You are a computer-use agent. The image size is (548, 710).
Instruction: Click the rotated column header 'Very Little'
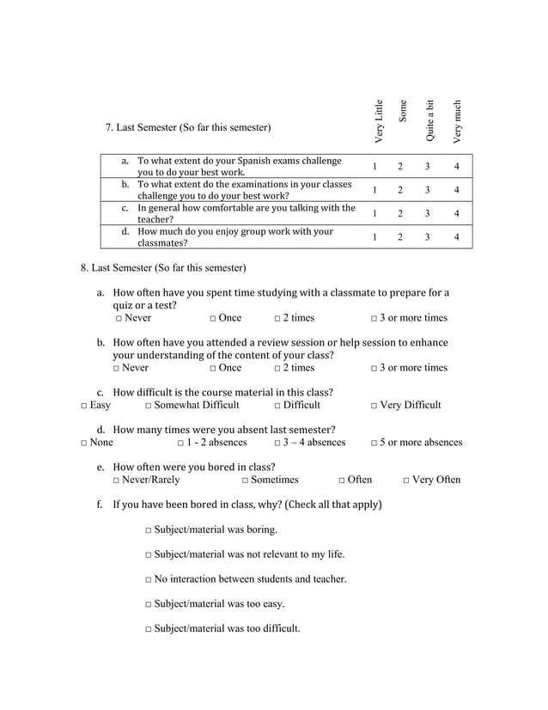[379, 121]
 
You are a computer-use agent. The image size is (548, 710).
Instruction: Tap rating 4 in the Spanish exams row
[457, 166]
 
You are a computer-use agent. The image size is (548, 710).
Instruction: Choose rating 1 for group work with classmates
[375, 236]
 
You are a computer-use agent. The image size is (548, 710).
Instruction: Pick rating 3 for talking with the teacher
[427, 213]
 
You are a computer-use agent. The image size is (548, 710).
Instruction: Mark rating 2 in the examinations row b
[400, 190]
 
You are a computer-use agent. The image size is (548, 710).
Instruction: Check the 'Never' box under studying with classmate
[118, 318]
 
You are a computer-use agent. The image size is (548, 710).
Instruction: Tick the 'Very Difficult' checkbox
[374, 406]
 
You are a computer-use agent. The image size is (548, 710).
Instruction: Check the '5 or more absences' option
[374, 444]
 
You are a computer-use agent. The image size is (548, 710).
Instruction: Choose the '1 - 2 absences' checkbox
[181, 444]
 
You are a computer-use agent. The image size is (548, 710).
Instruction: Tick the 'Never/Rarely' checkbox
[118, 480]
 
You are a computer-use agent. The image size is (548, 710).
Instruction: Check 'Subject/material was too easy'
[149, 604]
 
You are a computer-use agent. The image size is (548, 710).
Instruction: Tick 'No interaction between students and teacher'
[149, 579]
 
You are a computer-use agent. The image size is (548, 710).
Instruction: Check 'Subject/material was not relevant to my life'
[149, 554]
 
